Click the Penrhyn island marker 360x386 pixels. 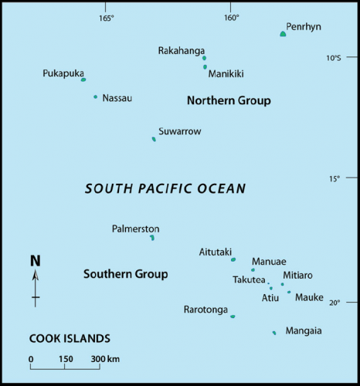coord(283,34)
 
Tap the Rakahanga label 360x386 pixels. coord(182,51)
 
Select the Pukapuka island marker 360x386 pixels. coord(83,80)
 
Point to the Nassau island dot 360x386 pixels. coord(96,96)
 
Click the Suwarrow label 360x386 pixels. coord(179,131)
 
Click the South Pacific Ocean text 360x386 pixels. coord(165,188)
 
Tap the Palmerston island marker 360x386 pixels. coord(152,237)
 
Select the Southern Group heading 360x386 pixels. coord(125,274)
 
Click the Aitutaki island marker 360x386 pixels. coord(233,259)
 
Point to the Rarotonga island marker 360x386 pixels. coord(233,316)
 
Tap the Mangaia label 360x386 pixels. coord(304,330)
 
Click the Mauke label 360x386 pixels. coord(309,296)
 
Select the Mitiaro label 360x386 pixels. coord(297,275)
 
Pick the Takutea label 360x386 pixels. coord(249,279)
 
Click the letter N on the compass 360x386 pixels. coord(35,261)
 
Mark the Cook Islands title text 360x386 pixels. coord(70,338)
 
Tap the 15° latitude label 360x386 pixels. coord(334,179)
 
